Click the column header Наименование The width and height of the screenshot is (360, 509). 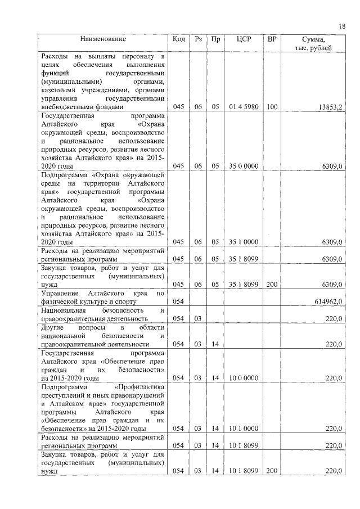(x=103, y=39)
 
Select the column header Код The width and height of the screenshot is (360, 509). (x=179, y=39)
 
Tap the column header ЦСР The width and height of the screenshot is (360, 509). (x=244, y=39)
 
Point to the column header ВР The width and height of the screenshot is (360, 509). (x=272, y=39)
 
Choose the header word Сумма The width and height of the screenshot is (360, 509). (x=313, y=39)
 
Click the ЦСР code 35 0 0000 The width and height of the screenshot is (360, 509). (x=244, y=166)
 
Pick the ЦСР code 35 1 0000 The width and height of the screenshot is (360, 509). (x=244, y=242)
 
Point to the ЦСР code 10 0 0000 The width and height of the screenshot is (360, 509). (x=244, y=378)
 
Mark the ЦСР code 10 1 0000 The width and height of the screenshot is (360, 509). (x=244, y=429)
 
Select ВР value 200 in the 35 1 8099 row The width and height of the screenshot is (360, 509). (x=272, y=285)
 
